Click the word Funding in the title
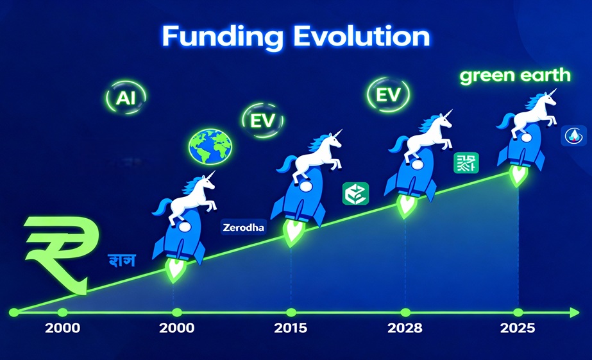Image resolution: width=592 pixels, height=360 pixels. click(221, 37)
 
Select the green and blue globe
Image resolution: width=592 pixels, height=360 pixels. click(210, 146)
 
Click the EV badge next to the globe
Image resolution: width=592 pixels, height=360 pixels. click(261, 119)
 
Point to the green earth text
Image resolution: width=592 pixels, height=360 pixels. click(515, 75)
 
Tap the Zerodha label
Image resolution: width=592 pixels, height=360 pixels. click(242, 227)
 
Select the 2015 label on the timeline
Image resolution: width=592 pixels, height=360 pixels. click(291, 328)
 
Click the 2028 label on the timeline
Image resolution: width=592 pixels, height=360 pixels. click(405, 328)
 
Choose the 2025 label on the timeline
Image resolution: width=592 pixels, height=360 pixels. click(518, 328)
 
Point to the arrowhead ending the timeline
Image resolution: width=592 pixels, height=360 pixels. click(574, 313)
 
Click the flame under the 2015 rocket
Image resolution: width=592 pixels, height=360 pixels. click(292, 232)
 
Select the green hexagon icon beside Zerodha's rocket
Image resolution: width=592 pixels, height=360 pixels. click(354, 194)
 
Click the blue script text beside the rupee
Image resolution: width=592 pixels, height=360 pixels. click(121, 261)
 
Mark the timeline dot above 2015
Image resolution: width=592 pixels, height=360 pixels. click(291, 313)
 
